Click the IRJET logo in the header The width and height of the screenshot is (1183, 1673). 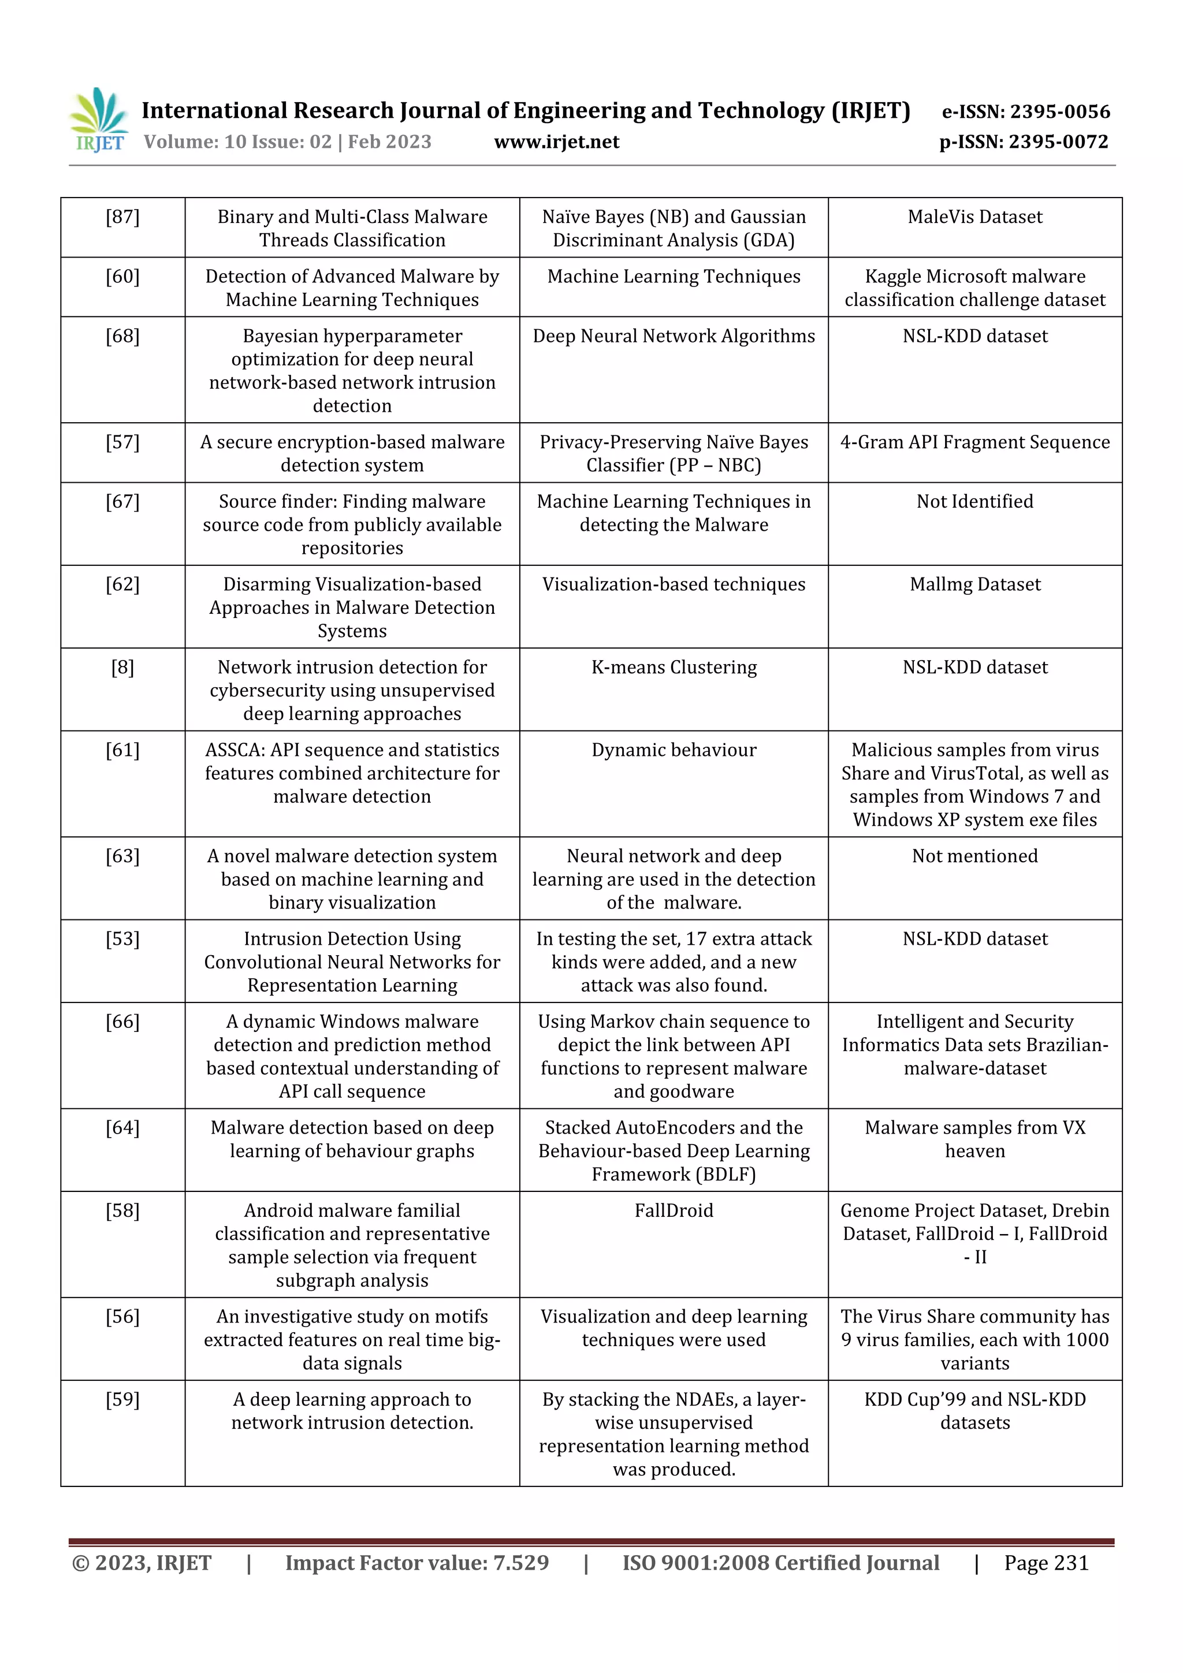98,120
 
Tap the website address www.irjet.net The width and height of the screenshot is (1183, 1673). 556,142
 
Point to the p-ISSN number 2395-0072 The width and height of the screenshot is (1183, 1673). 1058,142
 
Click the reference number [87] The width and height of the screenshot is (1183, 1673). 122,217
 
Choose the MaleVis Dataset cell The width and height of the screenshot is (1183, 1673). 974,217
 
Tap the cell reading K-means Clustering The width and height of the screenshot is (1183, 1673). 674,667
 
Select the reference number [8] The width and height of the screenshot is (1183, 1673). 122,667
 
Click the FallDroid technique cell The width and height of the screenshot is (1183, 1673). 674,1210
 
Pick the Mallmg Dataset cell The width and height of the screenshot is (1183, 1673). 974,584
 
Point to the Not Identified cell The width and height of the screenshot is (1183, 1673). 974,501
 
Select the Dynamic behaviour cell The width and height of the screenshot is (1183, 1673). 674,750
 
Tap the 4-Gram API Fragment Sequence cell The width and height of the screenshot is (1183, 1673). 974,442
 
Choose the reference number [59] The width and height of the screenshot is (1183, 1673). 122,1399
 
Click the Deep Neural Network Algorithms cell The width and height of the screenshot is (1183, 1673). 674,336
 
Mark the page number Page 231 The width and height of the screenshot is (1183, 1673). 1046,1562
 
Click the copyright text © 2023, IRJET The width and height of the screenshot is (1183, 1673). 142,1562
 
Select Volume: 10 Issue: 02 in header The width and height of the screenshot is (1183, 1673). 237,142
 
